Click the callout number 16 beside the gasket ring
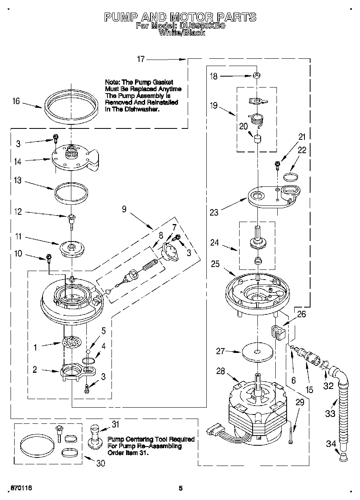pos(16,101)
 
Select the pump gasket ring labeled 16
pos(71,106)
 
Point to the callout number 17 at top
pos(141,60)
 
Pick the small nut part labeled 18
pos(257,75)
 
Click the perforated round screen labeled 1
pos(71,342)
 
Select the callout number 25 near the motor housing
pos(215,264)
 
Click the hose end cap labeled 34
pos(343,458)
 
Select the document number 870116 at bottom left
pos(21,488)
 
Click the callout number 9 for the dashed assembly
pos(124,209)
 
